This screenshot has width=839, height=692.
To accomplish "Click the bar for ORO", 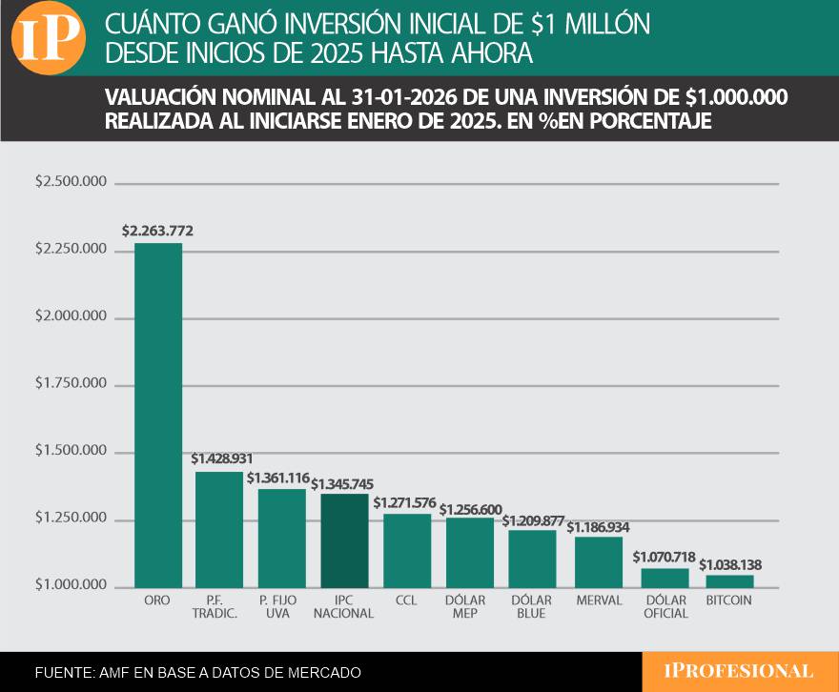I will pos(157,415).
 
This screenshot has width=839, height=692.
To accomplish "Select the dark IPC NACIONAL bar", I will pos(344,539).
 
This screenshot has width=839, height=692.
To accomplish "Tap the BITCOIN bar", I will pos(729,580).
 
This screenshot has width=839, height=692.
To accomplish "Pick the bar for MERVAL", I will pos(600,561).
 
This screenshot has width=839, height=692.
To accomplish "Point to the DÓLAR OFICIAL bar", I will pos(665,577).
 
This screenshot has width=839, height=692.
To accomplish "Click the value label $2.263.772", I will pos(157,230).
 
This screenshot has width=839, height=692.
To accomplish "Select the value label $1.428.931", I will pos(221,458).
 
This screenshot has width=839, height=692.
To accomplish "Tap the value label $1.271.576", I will pos(407,501).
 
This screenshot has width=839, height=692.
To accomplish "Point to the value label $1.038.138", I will pos(730,564).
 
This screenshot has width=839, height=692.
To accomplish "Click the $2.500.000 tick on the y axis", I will pos(70,182).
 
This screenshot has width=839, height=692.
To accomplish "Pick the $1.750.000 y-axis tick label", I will pos(70,384).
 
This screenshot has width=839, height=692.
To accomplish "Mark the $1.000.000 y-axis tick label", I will pos(70,586).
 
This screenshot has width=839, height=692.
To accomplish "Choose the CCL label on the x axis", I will pos(407,600).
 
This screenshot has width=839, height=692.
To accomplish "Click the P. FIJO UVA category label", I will pos(282,607).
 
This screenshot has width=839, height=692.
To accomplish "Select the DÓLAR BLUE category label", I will pos(532,607).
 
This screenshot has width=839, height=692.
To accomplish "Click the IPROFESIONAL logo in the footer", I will pos(740,671).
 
